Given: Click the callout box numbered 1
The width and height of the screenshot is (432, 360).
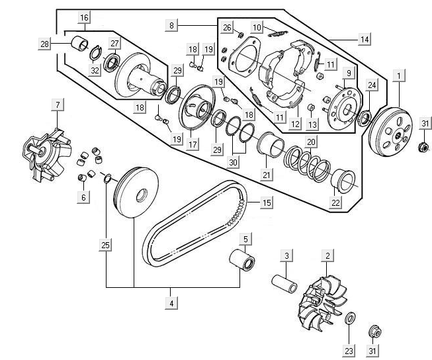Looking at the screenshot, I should point(399,76).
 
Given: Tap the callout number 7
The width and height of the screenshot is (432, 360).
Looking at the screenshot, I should point(58,106).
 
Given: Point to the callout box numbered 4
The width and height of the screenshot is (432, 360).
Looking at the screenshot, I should point(171,303).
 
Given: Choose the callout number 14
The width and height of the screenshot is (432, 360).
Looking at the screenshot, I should point(364,40).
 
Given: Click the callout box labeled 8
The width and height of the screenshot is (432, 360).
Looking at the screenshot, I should point(172,25).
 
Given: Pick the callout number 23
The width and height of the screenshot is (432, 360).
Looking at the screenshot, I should point(349,350).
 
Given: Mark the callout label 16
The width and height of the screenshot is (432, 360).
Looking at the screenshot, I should point(83,17).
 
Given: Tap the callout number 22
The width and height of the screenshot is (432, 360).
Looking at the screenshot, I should point(336,202).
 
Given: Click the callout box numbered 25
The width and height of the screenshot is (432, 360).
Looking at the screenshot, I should point(105,246).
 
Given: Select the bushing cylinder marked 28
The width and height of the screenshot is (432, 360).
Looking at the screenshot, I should point(81,45).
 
